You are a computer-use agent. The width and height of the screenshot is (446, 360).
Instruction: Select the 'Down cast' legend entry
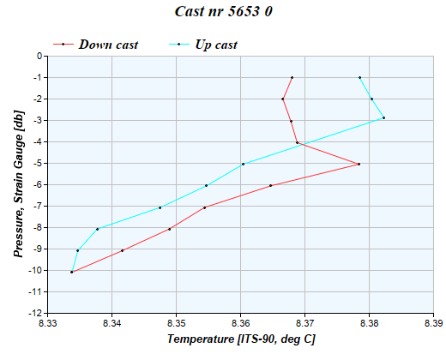[x=108, y=44]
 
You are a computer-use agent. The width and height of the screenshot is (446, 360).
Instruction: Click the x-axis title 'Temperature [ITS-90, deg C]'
[x=241, y=340]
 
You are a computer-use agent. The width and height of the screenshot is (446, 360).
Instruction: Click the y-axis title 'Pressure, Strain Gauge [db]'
[x=18, y=185]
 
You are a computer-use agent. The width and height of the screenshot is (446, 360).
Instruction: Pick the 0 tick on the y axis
[x=39, y=57]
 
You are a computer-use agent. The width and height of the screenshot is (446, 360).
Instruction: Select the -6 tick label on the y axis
[x=37, y=185]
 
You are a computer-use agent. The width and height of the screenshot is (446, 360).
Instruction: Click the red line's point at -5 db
[x=359, y=164]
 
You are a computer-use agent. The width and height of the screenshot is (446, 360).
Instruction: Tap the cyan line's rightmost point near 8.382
[x=383, y=117]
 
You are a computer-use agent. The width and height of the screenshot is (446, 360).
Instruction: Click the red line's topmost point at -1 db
[x=292, y=77]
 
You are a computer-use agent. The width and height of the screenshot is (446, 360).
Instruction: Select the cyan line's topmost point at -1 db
[x=359, y=77]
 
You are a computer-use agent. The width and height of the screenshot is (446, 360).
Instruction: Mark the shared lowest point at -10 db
[x=71, y=272]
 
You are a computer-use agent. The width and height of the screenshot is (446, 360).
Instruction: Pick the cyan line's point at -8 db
[x=98, y=229]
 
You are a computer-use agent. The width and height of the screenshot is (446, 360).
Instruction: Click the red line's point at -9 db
[x=123, y=250]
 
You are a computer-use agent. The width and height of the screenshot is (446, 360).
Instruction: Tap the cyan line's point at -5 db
[x=243, y=164]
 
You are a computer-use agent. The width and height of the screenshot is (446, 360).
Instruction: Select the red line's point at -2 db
[x=282, y=99]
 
